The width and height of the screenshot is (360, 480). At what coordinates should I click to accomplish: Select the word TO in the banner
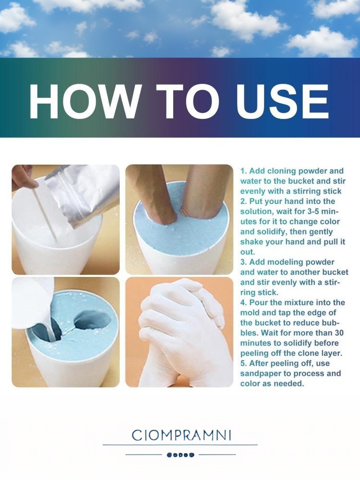click(187, 101)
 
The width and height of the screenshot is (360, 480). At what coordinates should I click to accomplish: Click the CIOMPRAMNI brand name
click(181, 435)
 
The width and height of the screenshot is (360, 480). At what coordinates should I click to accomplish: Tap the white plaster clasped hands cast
click(180, 332)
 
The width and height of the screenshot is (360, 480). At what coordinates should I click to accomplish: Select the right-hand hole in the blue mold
click(93, 319)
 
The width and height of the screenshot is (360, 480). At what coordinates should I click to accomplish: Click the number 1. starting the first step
click(244, 171)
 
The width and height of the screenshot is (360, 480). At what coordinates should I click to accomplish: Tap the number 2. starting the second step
click(244, 201)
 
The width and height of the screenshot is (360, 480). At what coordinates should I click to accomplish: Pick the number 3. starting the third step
click(244, 262)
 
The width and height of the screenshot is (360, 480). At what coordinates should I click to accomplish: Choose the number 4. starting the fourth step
click(244, 302)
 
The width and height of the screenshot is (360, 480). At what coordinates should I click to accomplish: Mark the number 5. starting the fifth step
click(244, 363)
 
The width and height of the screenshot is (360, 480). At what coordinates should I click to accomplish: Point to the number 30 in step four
click(339, 333)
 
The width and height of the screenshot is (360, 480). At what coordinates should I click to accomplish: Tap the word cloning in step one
click(281, 171)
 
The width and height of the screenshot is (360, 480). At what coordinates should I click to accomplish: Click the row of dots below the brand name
click(180, 455)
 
